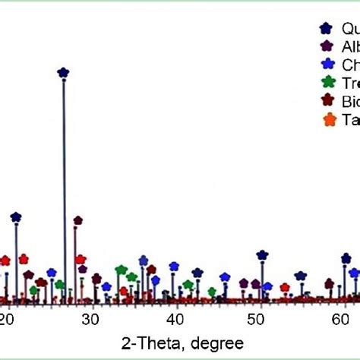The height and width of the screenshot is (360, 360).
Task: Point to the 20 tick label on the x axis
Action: (x=8, y=318)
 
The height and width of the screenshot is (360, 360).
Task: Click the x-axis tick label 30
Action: (x=91, y=318)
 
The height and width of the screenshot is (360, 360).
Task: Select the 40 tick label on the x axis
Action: (x=175, y=318)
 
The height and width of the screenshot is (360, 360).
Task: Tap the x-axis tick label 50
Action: (x=259, y=318)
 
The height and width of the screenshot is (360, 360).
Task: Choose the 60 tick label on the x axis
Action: (x=343, y=318)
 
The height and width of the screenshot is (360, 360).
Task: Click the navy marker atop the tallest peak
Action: (x=63, y=73)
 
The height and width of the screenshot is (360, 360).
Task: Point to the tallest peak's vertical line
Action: (x=64, y=190)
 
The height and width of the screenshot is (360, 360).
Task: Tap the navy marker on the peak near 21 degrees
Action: (x=16, y=217)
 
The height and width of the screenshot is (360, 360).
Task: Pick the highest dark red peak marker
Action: (x=77, y=221)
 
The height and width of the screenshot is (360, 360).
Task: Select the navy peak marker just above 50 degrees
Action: (x=262, y=255)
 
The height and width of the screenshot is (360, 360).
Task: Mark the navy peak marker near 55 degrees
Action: (x=301, y=276)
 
